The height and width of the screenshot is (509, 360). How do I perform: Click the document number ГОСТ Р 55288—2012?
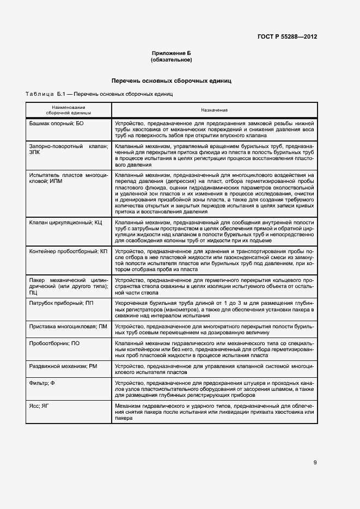tap(287, 36)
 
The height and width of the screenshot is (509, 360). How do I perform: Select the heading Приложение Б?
tap(172, 53)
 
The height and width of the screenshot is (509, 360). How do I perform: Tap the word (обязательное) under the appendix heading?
tap(172, 59)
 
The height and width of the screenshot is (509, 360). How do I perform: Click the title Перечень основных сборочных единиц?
tap(172, 81)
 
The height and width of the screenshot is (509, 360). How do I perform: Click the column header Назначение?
tap(214, 110)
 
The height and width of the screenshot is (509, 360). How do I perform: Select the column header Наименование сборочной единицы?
tap(69, 110)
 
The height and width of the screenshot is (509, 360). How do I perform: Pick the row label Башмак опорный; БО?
tap(56, 124)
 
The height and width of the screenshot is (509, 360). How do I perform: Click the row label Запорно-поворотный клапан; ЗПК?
tap(69, 150)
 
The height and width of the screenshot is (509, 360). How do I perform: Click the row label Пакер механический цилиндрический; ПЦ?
tap(69, 286)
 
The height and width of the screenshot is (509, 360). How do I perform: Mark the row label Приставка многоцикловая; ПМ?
tap(68, 326)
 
